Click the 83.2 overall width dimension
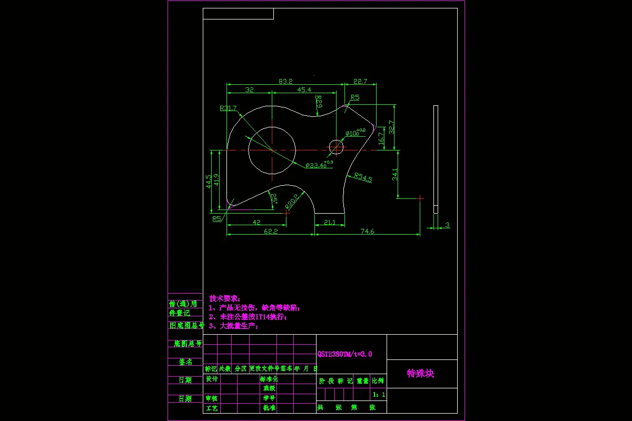click(285, 81)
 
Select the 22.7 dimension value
click(360, 81)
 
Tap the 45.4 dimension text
click(304, 90)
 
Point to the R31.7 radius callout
click(228, 108)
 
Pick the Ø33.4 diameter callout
click(319, 165)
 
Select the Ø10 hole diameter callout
click(355, 133)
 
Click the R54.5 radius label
click(363, 178)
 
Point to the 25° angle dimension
click(273, 198)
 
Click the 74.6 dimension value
click(367, 231)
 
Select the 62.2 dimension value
click(271, 231)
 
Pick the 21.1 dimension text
click(329, 222)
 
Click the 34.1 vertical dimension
click(395, 174)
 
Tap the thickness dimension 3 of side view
click(447, 225)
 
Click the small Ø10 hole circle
click(336, 147)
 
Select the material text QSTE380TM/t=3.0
click(344, 354)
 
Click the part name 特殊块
click(420, 373)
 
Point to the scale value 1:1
click(379, 394)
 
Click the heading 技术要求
click(225, 298)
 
